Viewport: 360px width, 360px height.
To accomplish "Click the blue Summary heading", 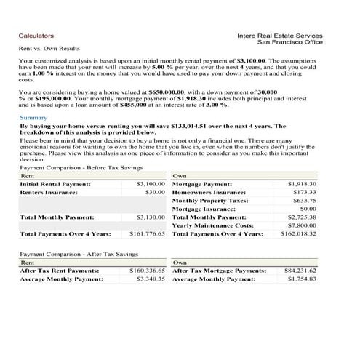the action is pyautogui.click(x=33, y=118).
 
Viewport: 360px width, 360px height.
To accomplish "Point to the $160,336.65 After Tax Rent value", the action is pyautogui.click(x=148, y=271).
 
